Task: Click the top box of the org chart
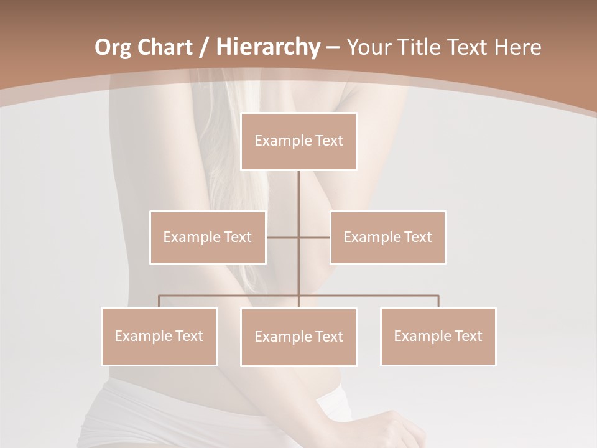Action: point(298,141)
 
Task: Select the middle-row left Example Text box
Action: point(208,237)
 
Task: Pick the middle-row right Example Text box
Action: point(387,237)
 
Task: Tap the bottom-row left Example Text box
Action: point(159,336)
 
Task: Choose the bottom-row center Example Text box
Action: point(298,337)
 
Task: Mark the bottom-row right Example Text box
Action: point(438,336)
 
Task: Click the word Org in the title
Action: point(113,47)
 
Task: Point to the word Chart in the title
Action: point(164,47)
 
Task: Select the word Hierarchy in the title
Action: point(267,47)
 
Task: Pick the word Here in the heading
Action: point(517,47)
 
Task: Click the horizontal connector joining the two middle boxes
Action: point(298,237)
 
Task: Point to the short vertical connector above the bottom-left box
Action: point(159,301)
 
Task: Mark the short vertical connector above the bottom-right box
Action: point(438,301)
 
